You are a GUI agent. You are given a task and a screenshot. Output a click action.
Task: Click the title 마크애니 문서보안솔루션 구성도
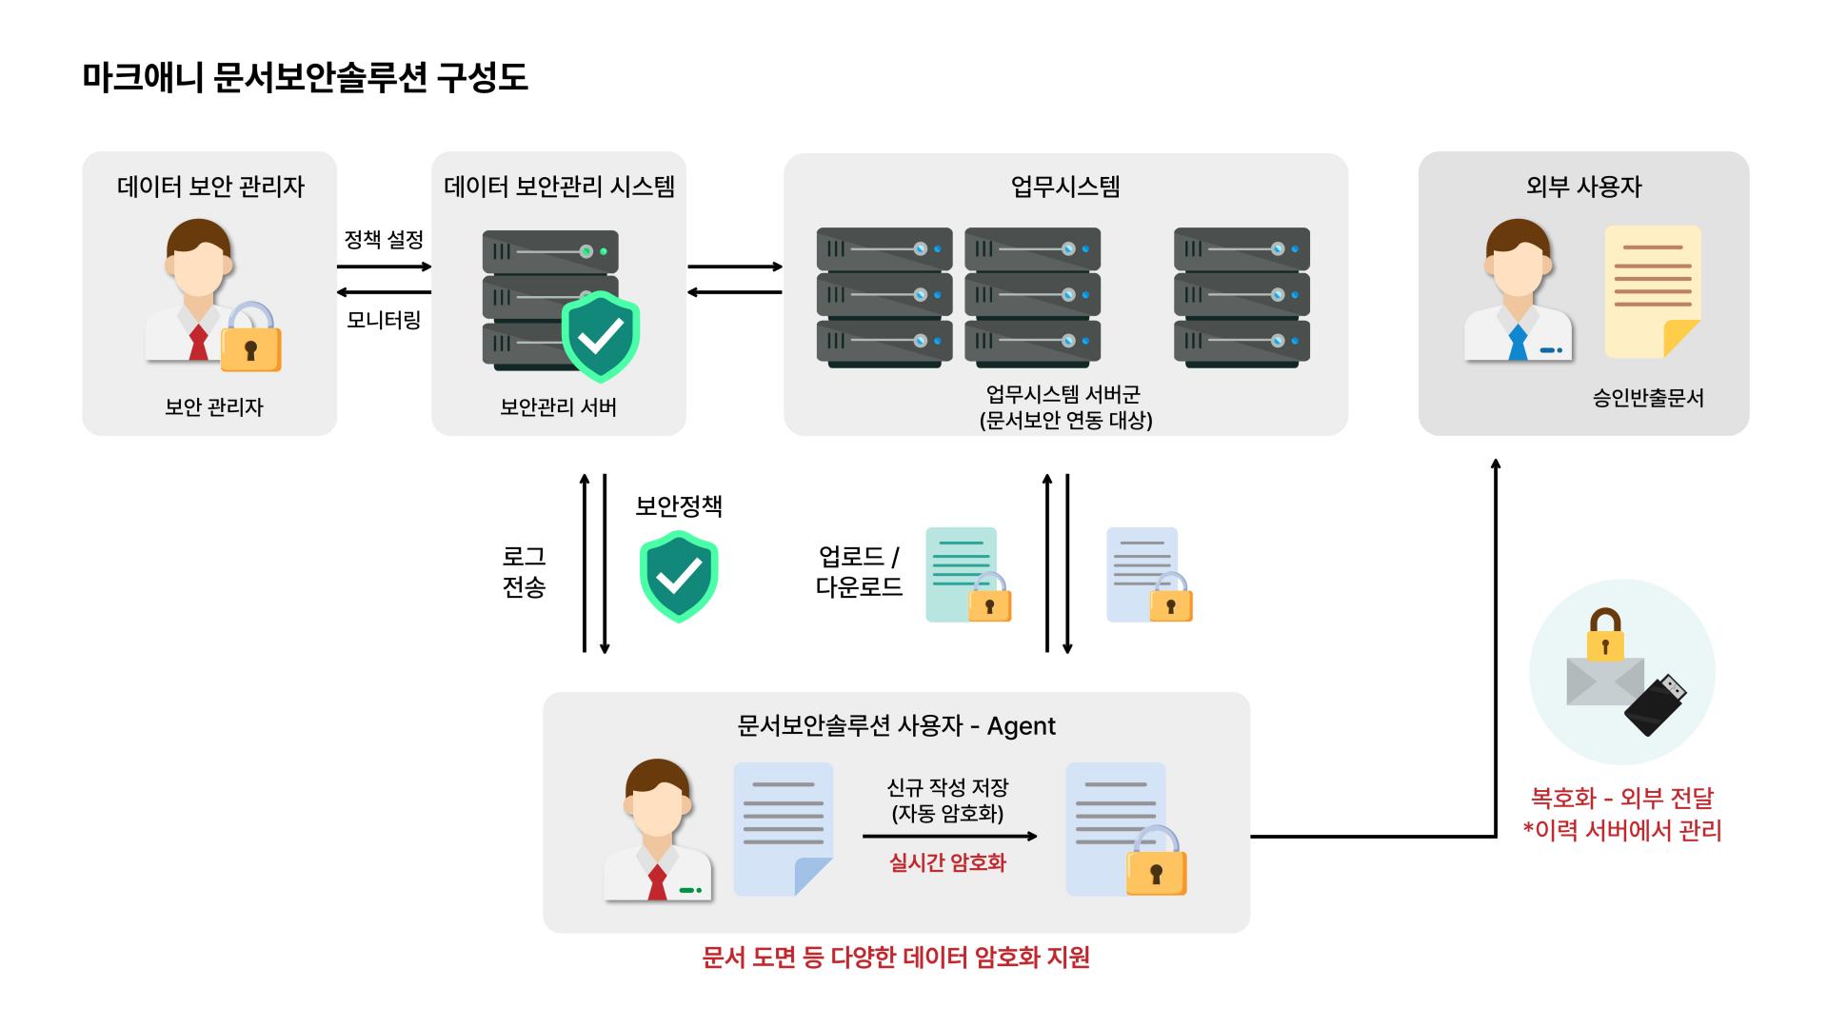pyautogui.click(x=305, y=77)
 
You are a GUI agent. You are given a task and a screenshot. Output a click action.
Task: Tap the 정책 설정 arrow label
pyautogui.click(x=384, y=239)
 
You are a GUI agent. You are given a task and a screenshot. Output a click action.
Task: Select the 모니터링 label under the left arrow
pyautogui.click(x=384, y=320)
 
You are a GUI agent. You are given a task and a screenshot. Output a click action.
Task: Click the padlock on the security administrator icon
pyautogui.click(x=250, y=340)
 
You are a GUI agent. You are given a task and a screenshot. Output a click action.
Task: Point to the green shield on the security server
pyautogui.click(x=600, y=335)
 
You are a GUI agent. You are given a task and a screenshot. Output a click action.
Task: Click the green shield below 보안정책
pyautogui.click(x=678, y=576)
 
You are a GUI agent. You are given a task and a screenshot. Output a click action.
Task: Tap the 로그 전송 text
pyautogui.click(x=524, y=571)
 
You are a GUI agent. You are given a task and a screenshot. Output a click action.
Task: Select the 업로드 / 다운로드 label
pyautogui.click(x=859, y=571)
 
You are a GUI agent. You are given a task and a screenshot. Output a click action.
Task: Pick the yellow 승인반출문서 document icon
pyautogui.click(x=1652, y=290)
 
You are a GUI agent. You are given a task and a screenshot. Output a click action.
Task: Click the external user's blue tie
pyautogui.click(x=1518, y=342)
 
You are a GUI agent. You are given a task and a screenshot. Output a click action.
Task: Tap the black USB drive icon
pyautogui.click(x=1657, y=705)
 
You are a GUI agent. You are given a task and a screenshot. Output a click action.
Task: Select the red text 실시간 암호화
pyautogui.click(x=947, y=862)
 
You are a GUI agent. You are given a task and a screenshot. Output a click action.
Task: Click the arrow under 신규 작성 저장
pyautogui.click(x=949, y=837)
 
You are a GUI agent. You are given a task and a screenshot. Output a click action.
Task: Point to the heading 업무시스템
pyautogui.click(x=1065, y=187)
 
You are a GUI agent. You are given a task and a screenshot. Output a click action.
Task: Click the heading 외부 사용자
pyautogui.click(x=1583, y=187)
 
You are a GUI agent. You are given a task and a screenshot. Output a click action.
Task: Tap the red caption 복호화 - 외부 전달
pyautogui.click(x=1621, y=798)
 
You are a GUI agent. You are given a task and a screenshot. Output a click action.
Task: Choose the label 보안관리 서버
pyautogui.click(x=558, y=407)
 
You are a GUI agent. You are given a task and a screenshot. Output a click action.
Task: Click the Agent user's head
pyautogui.click(x=657, y=800)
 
